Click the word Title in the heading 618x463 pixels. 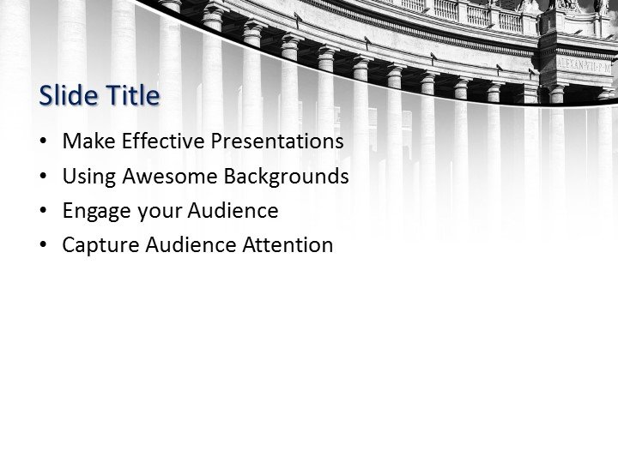(x=133, y=96)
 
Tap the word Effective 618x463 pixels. (x=160, y=141)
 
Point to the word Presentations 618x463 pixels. (x=275, y=141)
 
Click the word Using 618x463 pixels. (x=88, y=177)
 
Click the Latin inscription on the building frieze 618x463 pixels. (x=586, y=63)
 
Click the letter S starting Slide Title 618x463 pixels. (x=46, y=96)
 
